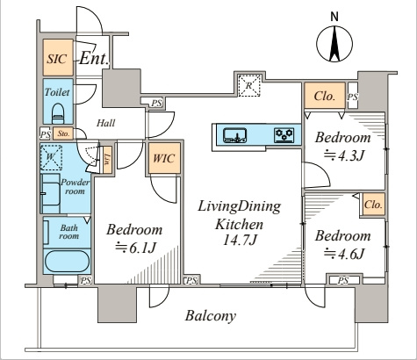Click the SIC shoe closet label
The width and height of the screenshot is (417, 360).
click(x=57, y=59)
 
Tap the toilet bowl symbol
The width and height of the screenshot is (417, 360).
click(x=58, y=113)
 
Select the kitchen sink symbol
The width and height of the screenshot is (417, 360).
click(x=234, y=135)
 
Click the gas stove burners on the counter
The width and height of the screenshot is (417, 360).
click(x=284, y=135)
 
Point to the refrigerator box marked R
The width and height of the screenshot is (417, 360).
click(x=249, y=86)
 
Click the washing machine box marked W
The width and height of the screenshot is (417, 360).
click(x=51, y=157)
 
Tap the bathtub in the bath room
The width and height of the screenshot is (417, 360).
click(x=67, y=262)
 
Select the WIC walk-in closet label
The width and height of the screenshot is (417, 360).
click(x=163, y=158)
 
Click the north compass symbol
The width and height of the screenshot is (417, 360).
click(x=334, y=44)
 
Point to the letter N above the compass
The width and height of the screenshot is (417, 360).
click(x=334, y=17)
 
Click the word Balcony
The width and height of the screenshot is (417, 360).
click(x=211, y=316)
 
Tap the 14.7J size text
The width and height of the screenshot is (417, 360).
click(x=240, y=241)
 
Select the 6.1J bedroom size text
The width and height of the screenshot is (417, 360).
click(x=135, y=248)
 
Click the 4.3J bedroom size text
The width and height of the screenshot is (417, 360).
click(x=343, y=155)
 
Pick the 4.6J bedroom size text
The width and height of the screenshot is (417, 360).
click(x=343, y=254)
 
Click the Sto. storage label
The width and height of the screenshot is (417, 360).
click(x=63, y=133)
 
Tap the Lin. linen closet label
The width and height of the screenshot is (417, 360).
click(x=107, y=159)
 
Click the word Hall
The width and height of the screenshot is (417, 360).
click(x=105, y=123)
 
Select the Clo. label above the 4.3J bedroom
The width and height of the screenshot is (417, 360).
click(x=324, y=96)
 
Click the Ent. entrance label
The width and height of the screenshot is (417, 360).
click(x=94, y=58)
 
